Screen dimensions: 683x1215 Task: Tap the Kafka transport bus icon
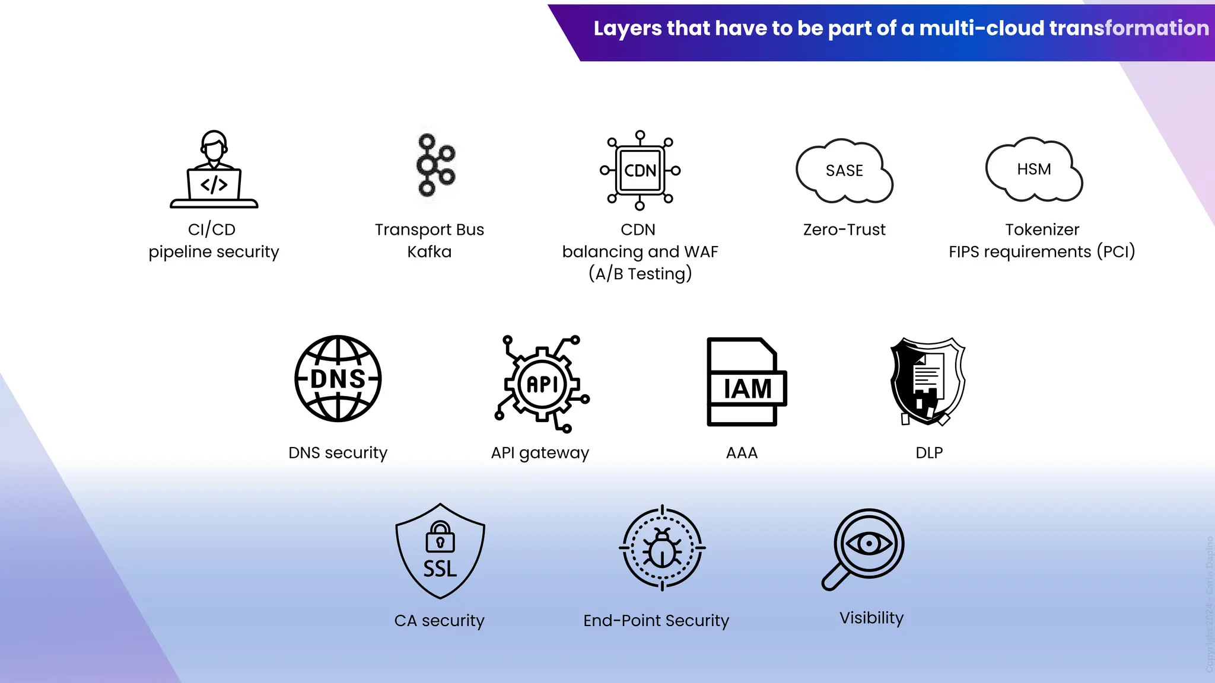coord(435,165)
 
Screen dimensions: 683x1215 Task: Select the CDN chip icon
coord(640,171)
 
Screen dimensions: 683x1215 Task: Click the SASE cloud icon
coord(844,171)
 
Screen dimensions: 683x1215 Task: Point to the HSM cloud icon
coord(1034,170)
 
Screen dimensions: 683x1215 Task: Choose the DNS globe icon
coord(338,379)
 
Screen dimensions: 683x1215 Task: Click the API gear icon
coord(542,384)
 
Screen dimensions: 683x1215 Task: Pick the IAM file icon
coord(746,382)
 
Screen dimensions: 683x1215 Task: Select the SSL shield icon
coord(440,551)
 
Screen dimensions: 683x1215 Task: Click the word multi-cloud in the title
coord(981,28)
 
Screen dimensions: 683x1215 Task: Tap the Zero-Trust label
coord(844,229)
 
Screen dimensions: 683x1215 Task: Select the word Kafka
coord(429,252)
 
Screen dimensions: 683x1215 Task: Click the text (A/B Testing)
coord(640,274)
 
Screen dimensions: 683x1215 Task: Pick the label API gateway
coord(540,453)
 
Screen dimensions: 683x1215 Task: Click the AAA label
coord(742,453)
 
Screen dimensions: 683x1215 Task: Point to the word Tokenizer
coord(1042,229)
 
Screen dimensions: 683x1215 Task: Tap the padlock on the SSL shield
coord(440,538)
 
